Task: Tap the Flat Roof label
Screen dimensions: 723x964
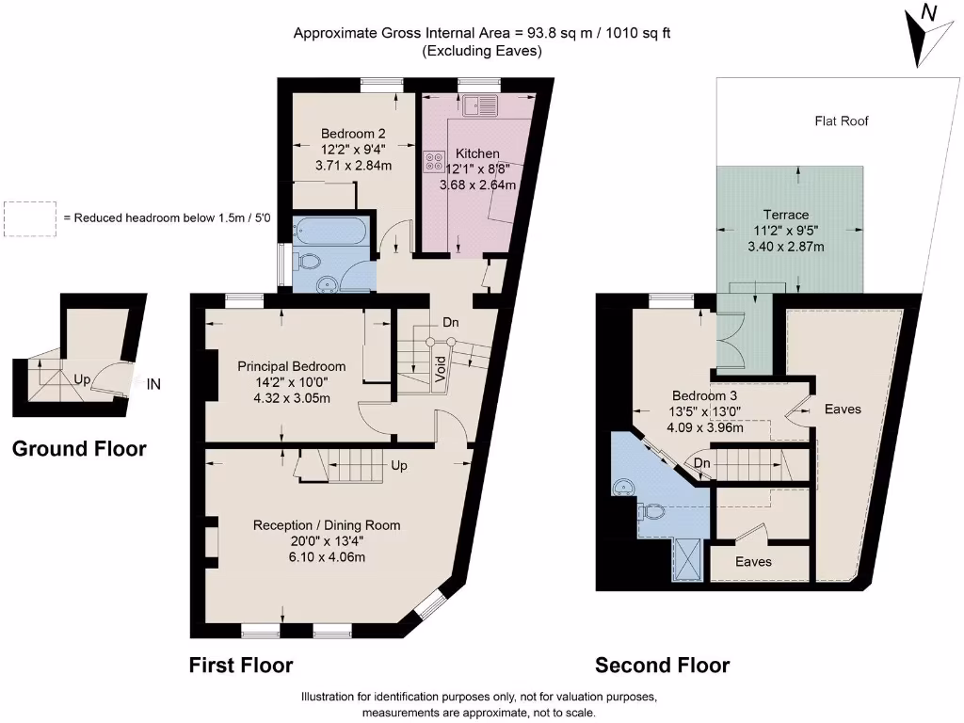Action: click(x=842, y=120)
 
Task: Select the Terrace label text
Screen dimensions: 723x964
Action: click(x=785, y=215)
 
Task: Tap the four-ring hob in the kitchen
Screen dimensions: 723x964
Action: click(x=434, y=161)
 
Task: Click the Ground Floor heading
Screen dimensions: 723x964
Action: click(x=79, y=449)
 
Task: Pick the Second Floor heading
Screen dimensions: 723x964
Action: click(x=662, y=666)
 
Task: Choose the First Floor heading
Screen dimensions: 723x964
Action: click(x=241, y=666)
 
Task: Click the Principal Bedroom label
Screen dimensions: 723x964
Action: click(x=291, y=366)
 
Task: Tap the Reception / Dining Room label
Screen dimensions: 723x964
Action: click(x=327, y=525)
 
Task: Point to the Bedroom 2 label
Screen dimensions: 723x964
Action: click(x=353, y=134)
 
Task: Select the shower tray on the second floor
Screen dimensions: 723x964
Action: click(x=685, y=558)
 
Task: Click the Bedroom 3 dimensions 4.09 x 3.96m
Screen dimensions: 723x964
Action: click(x=705, y=427)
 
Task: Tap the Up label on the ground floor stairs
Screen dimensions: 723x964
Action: click(x=83, y=381)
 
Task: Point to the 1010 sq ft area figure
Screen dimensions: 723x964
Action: click(x=635, y=34)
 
